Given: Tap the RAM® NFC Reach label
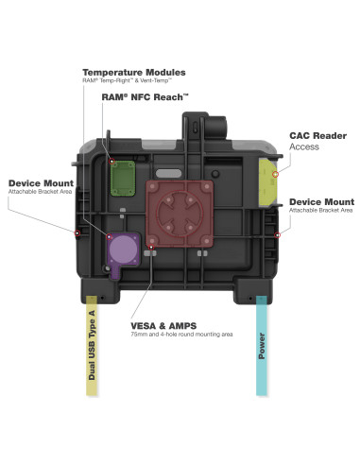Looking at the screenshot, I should point(142,96).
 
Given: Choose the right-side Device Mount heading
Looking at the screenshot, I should point(321,201).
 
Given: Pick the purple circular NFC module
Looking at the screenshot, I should point(124,254).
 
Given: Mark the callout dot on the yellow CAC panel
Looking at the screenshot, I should point(275,173).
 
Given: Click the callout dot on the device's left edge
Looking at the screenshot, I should point(77,230).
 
